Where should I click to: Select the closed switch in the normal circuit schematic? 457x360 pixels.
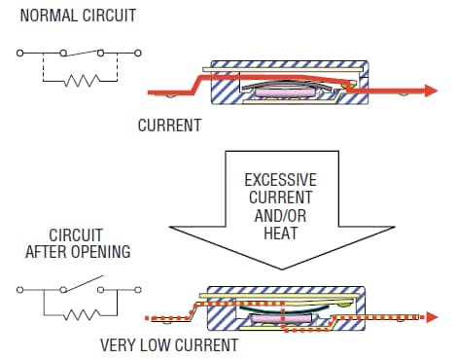81,51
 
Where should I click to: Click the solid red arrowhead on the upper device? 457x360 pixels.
432,90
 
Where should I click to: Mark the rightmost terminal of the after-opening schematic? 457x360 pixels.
138,289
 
